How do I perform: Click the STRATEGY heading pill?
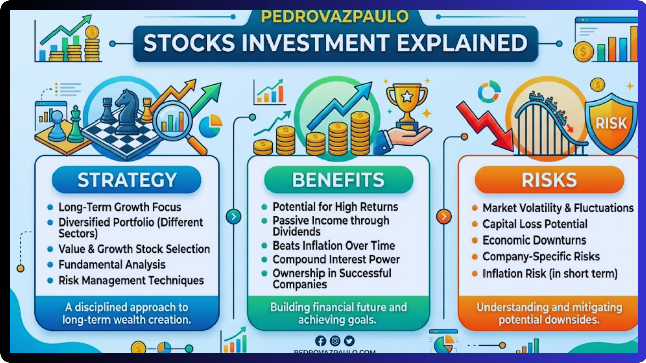(x=127, y=180)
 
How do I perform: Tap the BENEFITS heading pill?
(x=338, y=180)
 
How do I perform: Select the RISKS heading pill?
(x=550, y=180)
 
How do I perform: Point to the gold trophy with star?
(x=406, y=103)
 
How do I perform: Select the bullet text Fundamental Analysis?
(x=112, y=265)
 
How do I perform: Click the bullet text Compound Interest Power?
(x=336, y=260)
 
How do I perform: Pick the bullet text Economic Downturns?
(x=534, y=240)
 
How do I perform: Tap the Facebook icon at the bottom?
(x=320, y=341)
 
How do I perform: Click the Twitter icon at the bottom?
(x=349, y=341)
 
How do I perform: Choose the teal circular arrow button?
(x=233, y=217)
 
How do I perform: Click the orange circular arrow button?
(x=443, y=217)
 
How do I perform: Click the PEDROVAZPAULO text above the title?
(x=335, y=17)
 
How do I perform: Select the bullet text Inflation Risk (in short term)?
(x=550, y=274)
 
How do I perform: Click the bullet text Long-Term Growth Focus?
(x=120, y=207)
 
